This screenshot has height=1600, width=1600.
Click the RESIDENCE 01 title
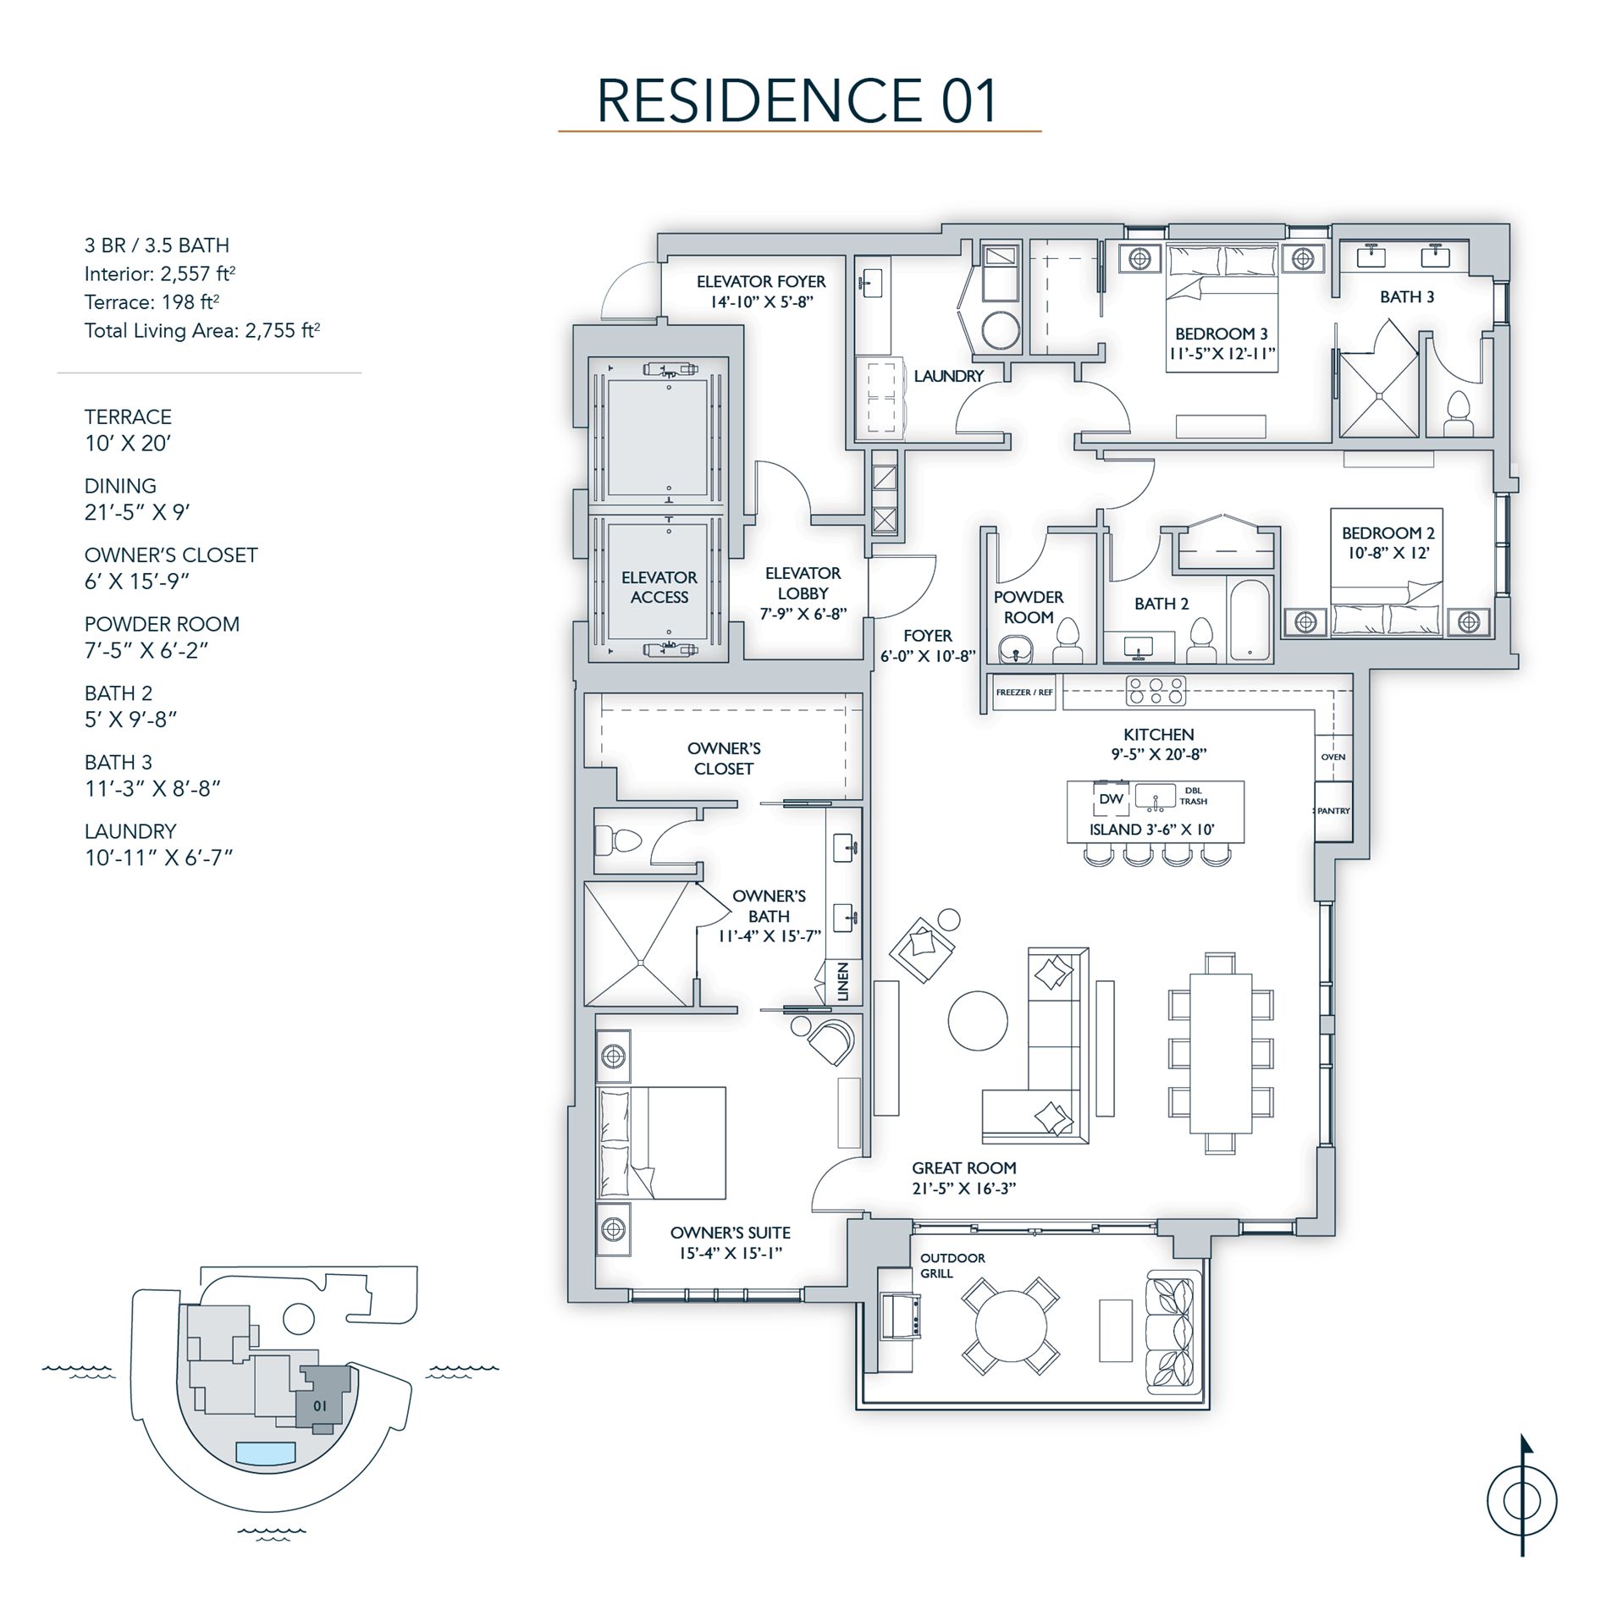[798, 101]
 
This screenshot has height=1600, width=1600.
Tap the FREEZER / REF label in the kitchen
[1024, 692]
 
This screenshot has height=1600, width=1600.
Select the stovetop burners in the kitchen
[1156, 691]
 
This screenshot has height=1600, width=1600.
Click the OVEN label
[1332, 757]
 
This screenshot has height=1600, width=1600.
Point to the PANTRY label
[1333, 811]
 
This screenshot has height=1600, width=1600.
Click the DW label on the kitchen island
[1111, 799]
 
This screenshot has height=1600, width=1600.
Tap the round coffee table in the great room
[978, 1020]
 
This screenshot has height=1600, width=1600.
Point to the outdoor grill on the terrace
[897, 1316]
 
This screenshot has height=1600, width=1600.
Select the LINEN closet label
[842, 982]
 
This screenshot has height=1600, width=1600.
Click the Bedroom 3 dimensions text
[1221, 354]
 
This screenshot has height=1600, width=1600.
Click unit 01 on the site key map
[321, 1405]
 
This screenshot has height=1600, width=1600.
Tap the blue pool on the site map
[266, 1454]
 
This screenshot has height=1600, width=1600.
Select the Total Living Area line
[201, 330]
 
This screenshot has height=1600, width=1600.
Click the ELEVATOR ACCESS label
[659, 587]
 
